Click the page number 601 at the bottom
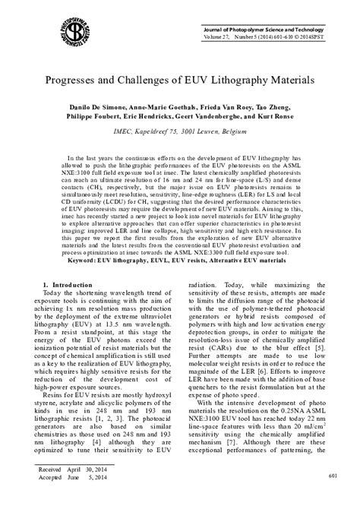point(332,476)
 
